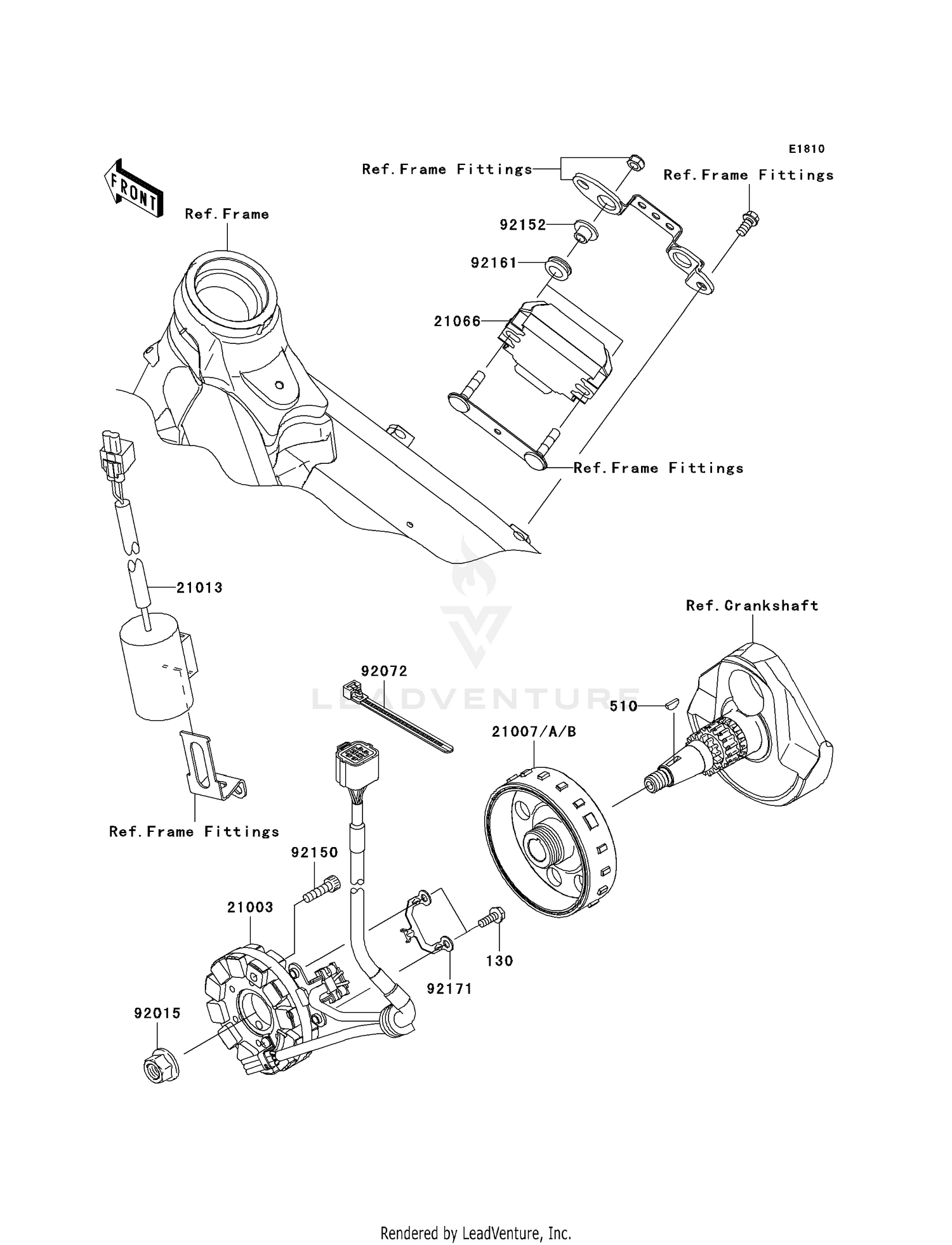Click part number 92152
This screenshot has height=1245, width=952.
522,225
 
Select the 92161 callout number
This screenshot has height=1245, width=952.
494,263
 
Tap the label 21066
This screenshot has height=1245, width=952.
457,322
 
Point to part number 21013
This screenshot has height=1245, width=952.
199,588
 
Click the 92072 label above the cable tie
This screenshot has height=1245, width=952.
384,671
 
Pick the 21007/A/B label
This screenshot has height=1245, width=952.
534,732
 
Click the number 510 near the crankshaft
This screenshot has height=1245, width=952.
623,706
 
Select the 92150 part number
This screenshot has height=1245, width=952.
315,852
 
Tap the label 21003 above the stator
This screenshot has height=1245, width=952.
250,907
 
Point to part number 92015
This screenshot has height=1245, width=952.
157,1013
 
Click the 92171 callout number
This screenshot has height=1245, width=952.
449,989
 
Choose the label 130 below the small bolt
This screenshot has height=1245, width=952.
499,961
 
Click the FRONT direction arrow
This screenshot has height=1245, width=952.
134,189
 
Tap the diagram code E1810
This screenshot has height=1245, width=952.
806,149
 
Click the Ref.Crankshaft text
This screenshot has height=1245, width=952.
751,606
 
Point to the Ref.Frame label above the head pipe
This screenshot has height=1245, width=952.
227,214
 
